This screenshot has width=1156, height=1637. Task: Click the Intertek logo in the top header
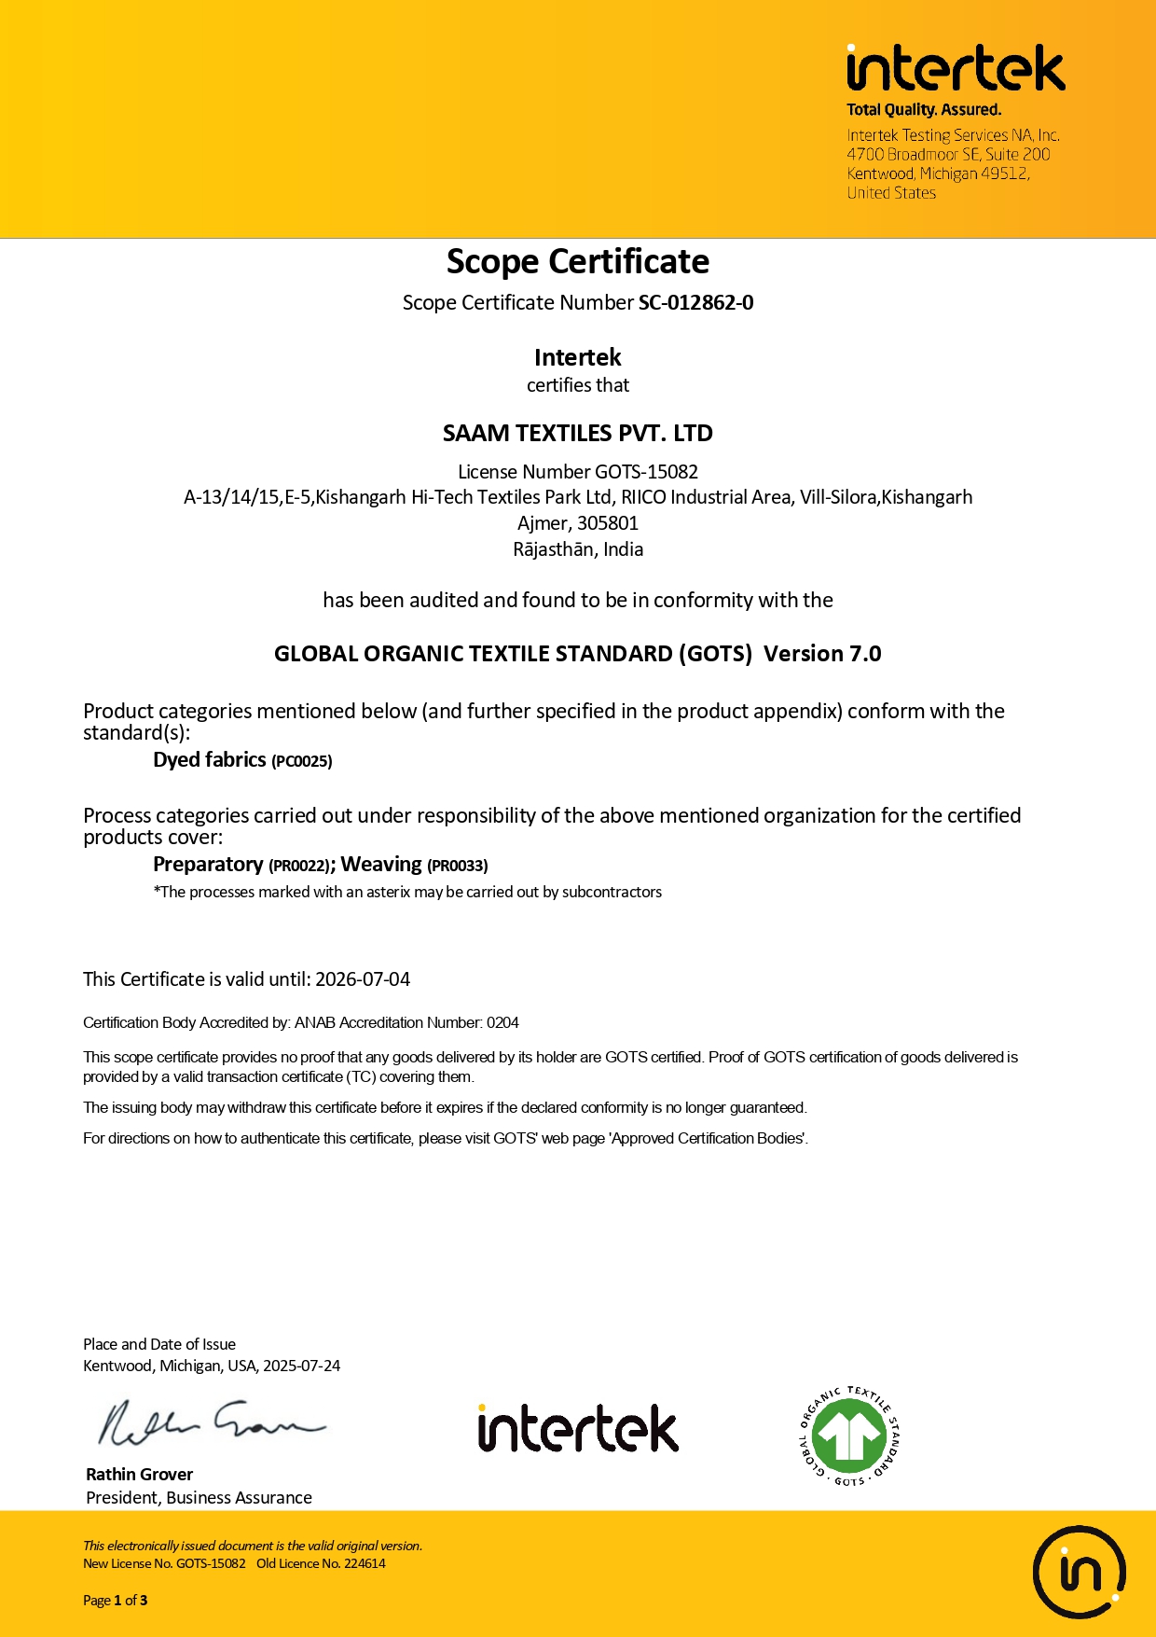pyautogui.click(x=955, y=69)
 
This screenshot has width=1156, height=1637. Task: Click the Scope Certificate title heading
pyautogui.click(x=578, y=262)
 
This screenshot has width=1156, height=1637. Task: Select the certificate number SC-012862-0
pyautogui.click(x=695, y=303)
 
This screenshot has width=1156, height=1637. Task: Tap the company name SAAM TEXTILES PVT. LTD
pyautogui.click(x=578, y=434)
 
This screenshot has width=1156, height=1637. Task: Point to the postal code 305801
pyautogui.click(x=608, y=523)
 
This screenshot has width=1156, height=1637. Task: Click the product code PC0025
pyautogui.click(x=302, y=761)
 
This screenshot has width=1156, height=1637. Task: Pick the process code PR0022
pyautogui.click(x=299, y=866)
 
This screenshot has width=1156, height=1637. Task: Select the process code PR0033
pyautogui.click(x=457, y=866)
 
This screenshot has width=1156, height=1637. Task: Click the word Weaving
pyautogui.click(x=381, y=865)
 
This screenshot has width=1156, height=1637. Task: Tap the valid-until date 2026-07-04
pyautogui.click(x=363, y=979)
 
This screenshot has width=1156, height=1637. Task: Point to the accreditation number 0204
pyautogui.click(x=502, y=1023)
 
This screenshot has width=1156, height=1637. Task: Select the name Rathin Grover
pyautogui.click(x=140, y=1475)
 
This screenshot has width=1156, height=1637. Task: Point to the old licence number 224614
pyautogui.click(x=365, y=1564)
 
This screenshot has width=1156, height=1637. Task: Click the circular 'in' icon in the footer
pyautogui.click(x=1080, y=1573)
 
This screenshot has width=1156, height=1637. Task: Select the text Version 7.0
pyautogui.click(x=822, y=654)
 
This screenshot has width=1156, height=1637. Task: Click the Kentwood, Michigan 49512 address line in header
pyautogui.click(x=938, y=173)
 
